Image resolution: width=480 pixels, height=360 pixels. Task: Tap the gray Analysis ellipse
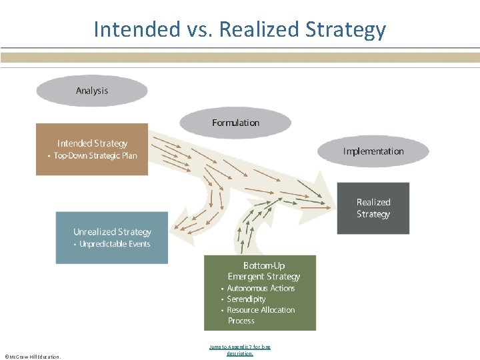click(x=92, y=91)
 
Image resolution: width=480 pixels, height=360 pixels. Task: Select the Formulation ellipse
click(x=235, y=123)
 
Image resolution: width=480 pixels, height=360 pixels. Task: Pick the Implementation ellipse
click(x=373, y=151)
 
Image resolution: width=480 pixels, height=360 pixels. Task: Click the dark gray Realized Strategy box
click(x=373, y=208)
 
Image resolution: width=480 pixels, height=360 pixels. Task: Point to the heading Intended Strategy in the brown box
click(x=92, y=143)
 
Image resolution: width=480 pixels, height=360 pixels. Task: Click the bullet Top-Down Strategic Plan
click(x=95, y=156)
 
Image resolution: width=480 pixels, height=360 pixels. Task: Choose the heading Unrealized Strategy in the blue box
click(x=112, y=232)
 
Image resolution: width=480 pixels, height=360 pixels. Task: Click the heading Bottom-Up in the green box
click(x=264, y=265)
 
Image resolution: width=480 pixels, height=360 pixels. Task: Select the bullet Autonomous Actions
click(x=261, y=288)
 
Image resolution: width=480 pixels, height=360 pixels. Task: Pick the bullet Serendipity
click(x=246, y=299)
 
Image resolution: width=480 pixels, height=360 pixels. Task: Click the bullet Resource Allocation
click(x=261, y=310)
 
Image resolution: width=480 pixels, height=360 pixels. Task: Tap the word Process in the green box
click(x=241, y=321)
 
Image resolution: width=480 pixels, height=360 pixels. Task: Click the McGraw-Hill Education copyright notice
click(x=33, y=357)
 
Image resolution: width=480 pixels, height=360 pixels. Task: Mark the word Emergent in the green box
click(x=247, y=277)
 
